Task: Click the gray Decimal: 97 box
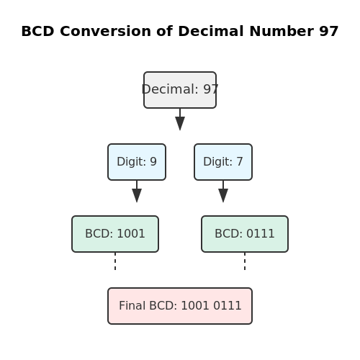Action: pyautogui.click(x=180, y=90)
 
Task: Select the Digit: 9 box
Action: pyautogui.click(x=137, y=162)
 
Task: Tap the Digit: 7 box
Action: pyautogui.click(x=223, y=162)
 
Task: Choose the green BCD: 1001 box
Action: pyautogui.click(x=115, y=234)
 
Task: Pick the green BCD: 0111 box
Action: pyautogui.click(x=245, y=234)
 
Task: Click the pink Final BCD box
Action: pyautogui.click(x=180, y=306)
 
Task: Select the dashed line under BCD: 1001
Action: pyautogui.click(x=115, y=261)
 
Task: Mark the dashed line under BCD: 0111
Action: pyautogui.click(x=245, y=261)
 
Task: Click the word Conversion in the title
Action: pyautogui.click(x=105, y=31)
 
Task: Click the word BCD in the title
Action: pyautogui.click(x=38, y=31)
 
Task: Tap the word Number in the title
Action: pyautogui.click(x=282, y=31)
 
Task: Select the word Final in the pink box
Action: pyautogui.click(x=132, y=306)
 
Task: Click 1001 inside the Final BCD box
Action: pyautogui.click(x=195, y=306)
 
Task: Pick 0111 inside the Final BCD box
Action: pyautogui.click(x=228, y=306)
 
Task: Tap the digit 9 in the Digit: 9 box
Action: pyautogui.click(x=153, y=161)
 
